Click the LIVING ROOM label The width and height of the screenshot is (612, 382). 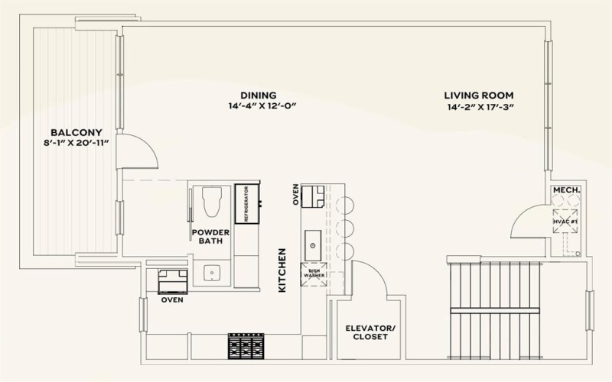coord(479,95)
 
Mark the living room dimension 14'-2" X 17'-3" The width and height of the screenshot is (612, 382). coord(479,107)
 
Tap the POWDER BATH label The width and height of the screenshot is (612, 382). coord(210,237)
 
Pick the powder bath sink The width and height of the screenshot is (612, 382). coord(213,272)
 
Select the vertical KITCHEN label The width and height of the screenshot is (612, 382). coord(282,270)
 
